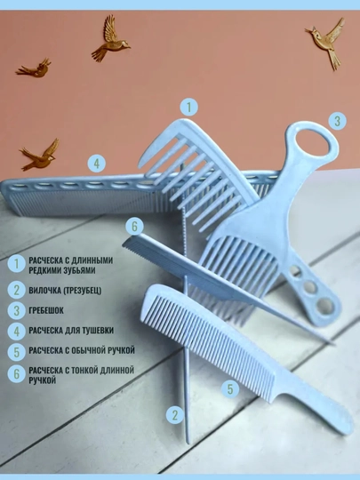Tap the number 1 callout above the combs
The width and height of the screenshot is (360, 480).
[x=188, y=108]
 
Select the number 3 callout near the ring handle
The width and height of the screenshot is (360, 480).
[x=338, y=121]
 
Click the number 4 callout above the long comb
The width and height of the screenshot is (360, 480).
[x=96, y=164]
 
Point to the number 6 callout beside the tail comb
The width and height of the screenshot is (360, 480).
[x=134, y=227]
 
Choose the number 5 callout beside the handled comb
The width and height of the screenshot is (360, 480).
[x=230, y=389]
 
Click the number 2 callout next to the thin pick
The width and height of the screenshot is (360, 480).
[x=175, y=415]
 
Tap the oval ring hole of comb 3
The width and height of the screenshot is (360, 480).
[x=313, y=143]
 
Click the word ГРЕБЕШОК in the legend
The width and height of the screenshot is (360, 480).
[x=46, y=310]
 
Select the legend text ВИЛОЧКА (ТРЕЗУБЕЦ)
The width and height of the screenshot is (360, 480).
[x=65, y=291]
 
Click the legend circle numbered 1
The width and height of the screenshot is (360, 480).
[x=17, y=264]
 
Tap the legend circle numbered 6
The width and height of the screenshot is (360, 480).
[x=17, y=374]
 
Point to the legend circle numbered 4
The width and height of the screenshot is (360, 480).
[x=17, y=332]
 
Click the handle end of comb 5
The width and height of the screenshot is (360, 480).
[x=348, y=427]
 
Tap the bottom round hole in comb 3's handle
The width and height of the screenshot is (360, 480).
[x=325, y=305]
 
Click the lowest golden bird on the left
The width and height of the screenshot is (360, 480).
[x=40, y=155]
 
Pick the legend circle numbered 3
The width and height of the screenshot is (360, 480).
[x=17, y=311]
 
